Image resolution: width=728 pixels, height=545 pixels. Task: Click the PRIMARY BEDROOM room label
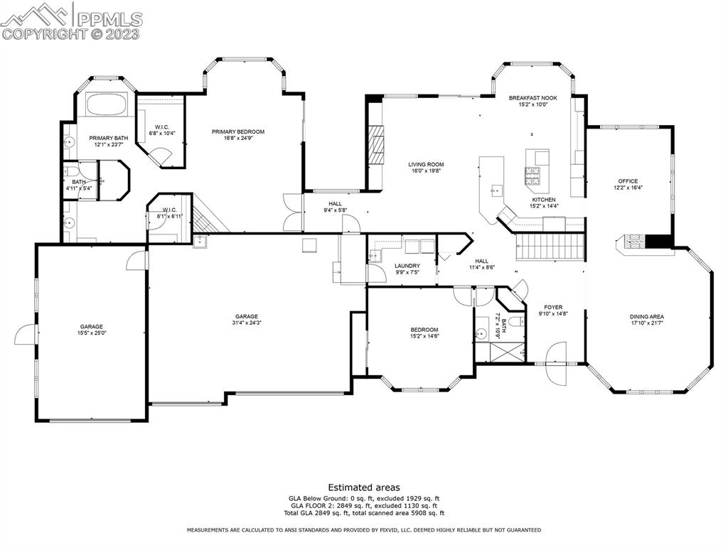238,131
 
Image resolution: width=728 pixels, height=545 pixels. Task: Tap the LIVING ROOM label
426,165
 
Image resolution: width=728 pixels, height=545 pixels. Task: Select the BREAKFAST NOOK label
532,97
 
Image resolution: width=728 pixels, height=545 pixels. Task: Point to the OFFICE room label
628,181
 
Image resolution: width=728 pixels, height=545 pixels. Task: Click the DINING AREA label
646,317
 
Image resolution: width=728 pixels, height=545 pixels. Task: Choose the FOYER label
553,308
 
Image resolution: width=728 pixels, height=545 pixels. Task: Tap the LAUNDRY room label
407,266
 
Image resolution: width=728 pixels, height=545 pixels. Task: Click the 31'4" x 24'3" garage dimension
247,323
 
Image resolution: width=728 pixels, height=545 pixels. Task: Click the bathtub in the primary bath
106,105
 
